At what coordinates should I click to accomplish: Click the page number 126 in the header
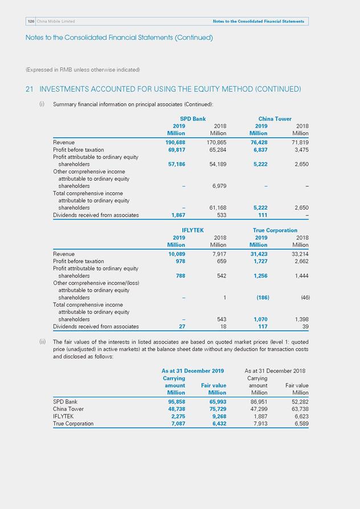pyautogui.click(x=30, y=21)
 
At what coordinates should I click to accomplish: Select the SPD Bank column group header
pyautogui.click(x=193, y=119)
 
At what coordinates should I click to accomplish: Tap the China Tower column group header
pyautogui.click(x=275, y=119)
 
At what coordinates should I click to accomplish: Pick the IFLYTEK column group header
pyautogui.click(x=193, y=230)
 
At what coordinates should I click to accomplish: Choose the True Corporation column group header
pyautogui.click(x=275, y=230)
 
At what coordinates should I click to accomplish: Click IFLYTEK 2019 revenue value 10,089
pyautogui.click(x=176, y=254)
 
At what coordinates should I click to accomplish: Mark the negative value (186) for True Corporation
pyautogui.click(x=262, y=298)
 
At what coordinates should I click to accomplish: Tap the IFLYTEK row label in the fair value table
pyautogui.click(x=64, y=416)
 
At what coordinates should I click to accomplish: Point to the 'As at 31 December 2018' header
pyautogui.click(x=275, y=370)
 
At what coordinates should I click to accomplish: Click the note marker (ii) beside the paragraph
pyautogui.click(x=42, y=341)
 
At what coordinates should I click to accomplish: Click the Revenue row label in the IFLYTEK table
pyautogui.click(x=64, y=254)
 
